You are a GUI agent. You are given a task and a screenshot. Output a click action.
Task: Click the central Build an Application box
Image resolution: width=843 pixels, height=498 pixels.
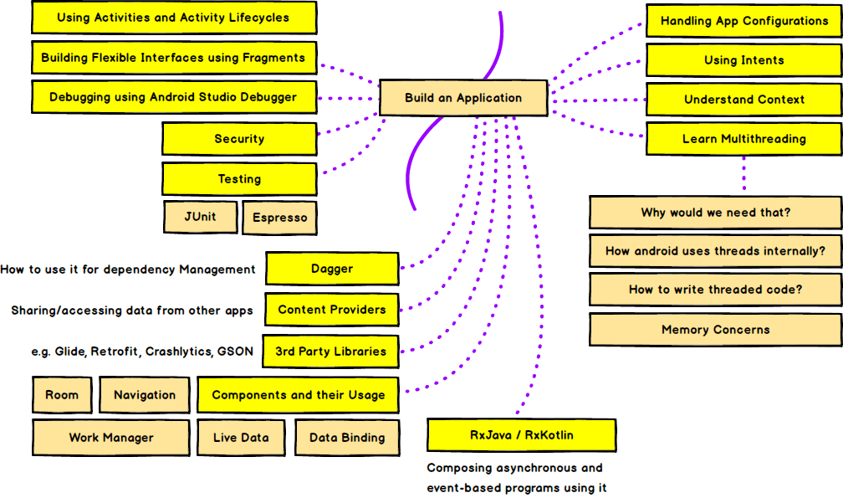coord(463,98)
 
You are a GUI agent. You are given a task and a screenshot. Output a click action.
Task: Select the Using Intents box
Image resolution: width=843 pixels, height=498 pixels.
coord(743,60)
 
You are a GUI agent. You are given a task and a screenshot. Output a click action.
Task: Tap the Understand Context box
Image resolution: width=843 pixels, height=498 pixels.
coord(743,100)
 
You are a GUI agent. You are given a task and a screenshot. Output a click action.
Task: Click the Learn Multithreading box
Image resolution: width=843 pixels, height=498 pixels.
coord(743,139)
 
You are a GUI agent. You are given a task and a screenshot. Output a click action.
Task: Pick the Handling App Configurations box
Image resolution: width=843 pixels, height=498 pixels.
coord(743,21)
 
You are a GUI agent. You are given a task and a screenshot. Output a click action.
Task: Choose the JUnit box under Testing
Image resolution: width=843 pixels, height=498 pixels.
coord(201,217)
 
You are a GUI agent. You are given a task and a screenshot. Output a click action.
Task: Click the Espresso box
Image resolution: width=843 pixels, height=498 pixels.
coord(280,218)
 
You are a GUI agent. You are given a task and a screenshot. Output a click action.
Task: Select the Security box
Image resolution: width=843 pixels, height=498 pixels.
coord(239,139)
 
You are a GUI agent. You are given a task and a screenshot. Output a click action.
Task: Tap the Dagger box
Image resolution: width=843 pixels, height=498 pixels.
coord(332,270)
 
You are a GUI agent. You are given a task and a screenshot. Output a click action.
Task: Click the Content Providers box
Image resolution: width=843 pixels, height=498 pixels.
coord(332,310)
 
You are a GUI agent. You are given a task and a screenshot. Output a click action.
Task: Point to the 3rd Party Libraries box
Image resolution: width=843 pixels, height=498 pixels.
coord(331,352)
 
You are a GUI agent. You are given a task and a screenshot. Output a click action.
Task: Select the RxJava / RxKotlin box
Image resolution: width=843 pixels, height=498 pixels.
coord(521,436)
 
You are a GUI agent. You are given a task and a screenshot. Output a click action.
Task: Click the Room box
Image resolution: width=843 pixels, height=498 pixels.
coord(62,395)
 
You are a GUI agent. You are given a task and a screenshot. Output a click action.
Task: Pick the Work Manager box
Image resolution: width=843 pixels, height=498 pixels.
coord(111,438)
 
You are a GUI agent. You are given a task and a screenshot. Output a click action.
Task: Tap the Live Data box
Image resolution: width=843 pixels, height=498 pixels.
coord(241,438)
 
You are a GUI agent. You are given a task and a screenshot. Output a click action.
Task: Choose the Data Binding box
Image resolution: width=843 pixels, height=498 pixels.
coord(347,438)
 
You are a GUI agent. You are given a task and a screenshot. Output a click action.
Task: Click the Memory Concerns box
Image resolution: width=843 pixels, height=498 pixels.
coord(715,330)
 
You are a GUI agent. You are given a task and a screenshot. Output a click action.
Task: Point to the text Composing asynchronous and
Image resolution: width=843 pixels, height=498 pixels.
coord(514,468)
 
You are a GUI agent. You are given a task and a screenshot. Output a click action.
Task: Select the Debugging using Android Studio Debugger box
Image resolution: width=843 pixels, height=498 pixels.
coord(173,97)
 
